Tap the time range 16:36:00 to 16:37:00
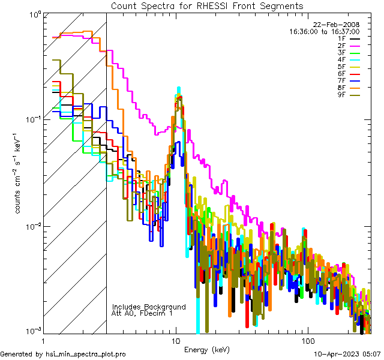point(324,31)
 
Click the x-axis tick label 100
point(307,340)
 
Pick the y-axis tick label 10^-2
point(31,226)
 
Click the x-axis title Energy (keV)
point(206,350)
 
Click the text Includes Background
point(149,307)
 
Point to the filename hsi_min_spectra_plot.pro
point(86,355)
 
